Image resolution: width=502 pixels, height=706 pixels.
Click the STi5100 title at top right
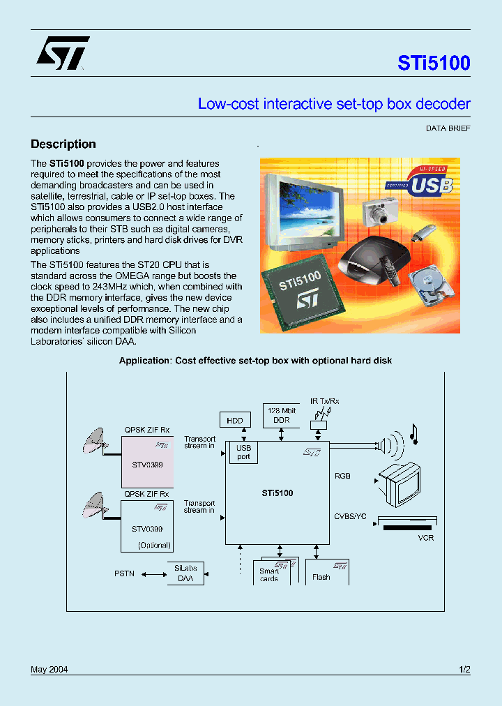tap(434, 63)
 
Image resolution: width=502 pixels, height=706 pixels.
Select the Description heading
tap(63, 144)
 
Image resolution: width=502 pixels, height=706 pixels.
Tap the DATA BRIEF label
tap(448, 128)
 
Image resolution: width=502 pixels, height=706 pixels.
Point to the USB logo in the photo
tap(421, 182)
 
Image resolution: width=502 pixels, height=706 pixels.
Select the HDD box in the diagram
tap(234, 420)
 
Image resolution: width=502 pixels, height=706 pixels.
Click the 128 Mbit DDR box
tap(281, 415)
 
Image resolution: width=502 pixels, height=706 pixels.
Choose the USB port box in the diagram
tap(244, 452)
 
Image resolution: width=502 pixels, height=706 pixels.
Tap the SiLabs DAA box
tap(185, 574)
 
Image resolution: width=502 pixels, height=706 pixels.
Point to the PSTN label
tap(124, 574)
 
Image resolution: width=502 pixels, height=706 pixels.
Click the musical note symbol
tap(414, 435)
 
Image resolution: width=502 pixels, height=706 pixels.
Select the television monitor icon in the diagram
tap(400, 483)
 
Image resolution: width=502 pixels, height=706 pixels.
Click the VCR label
tap(425, 538)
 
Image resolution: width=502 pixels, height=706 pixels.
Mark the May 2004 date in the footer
tap(49, 670)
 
